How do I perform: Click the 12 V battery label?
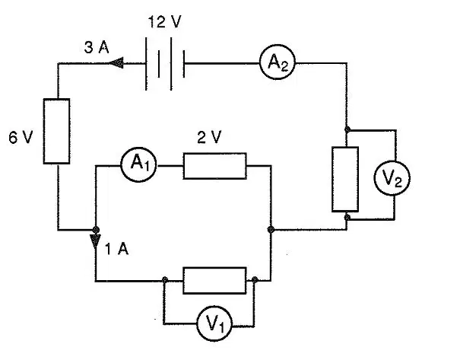tap(164, 22)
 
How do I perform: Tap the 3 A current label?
tap(97, 47)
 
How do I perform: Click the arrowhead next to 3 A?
tap(116, 62)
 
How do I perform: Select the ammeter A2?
tap(278, 62)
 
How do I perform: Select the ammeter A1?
tap(139, 164)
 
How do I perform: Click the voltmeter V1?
tap(214, 323)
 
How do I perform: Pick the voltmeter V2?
tap(392, 177)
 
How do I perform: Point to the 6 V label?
tap(21, 137)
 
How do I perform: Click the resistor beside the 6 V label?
tap(56, 131)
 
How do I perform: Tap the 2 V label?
tap(209, 137)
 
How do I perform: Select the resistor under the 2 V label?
tap(214, 166)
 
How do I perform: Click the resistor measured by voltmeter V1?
tap(214, 280)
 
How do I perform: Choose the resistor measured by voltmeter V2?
tap(345, 179)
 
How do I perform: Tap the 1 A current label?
tap(116, 250)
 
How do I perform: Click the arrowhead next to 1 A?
tap(95, 241)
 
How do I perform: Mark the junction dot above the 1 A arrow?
tap(96, 229)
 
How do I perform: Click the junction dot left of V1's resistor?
tap(165, 279)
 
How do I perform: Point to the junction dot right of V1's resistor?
tap(255, 279)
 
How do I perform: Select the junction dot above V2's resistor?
tap(347, 129)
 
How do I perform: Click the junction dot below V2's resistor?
tap(347, 217)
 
